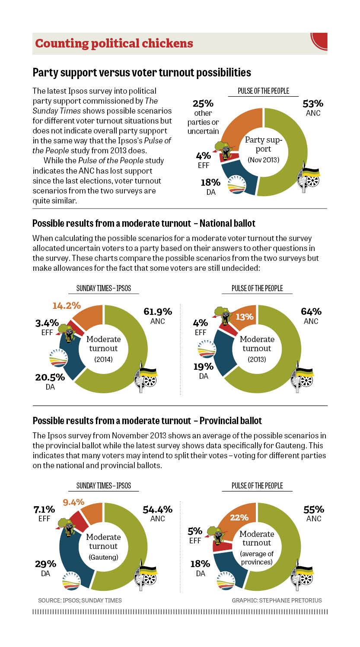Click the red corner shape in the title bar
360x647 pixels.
coord(320,41)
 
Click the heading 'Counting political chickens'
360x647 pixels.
coord(114,44)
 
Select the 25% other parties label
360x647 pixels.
coord(203,117)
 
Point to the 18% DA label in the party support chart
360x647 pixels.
coord(210,186)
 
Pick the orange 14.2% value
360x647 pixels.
coord(67,306)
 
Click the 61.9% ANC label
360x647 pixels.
coord(157,316)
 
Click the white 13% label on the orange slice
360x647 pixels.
coord(244,317)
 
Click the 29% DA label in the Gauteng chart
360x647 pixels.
coord(45,568)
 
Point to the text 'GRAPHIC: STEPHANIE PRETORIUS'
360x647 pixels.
coord(277,600)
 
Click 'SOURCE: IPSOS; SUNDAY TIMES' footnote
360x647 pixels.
coord(80,600)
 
